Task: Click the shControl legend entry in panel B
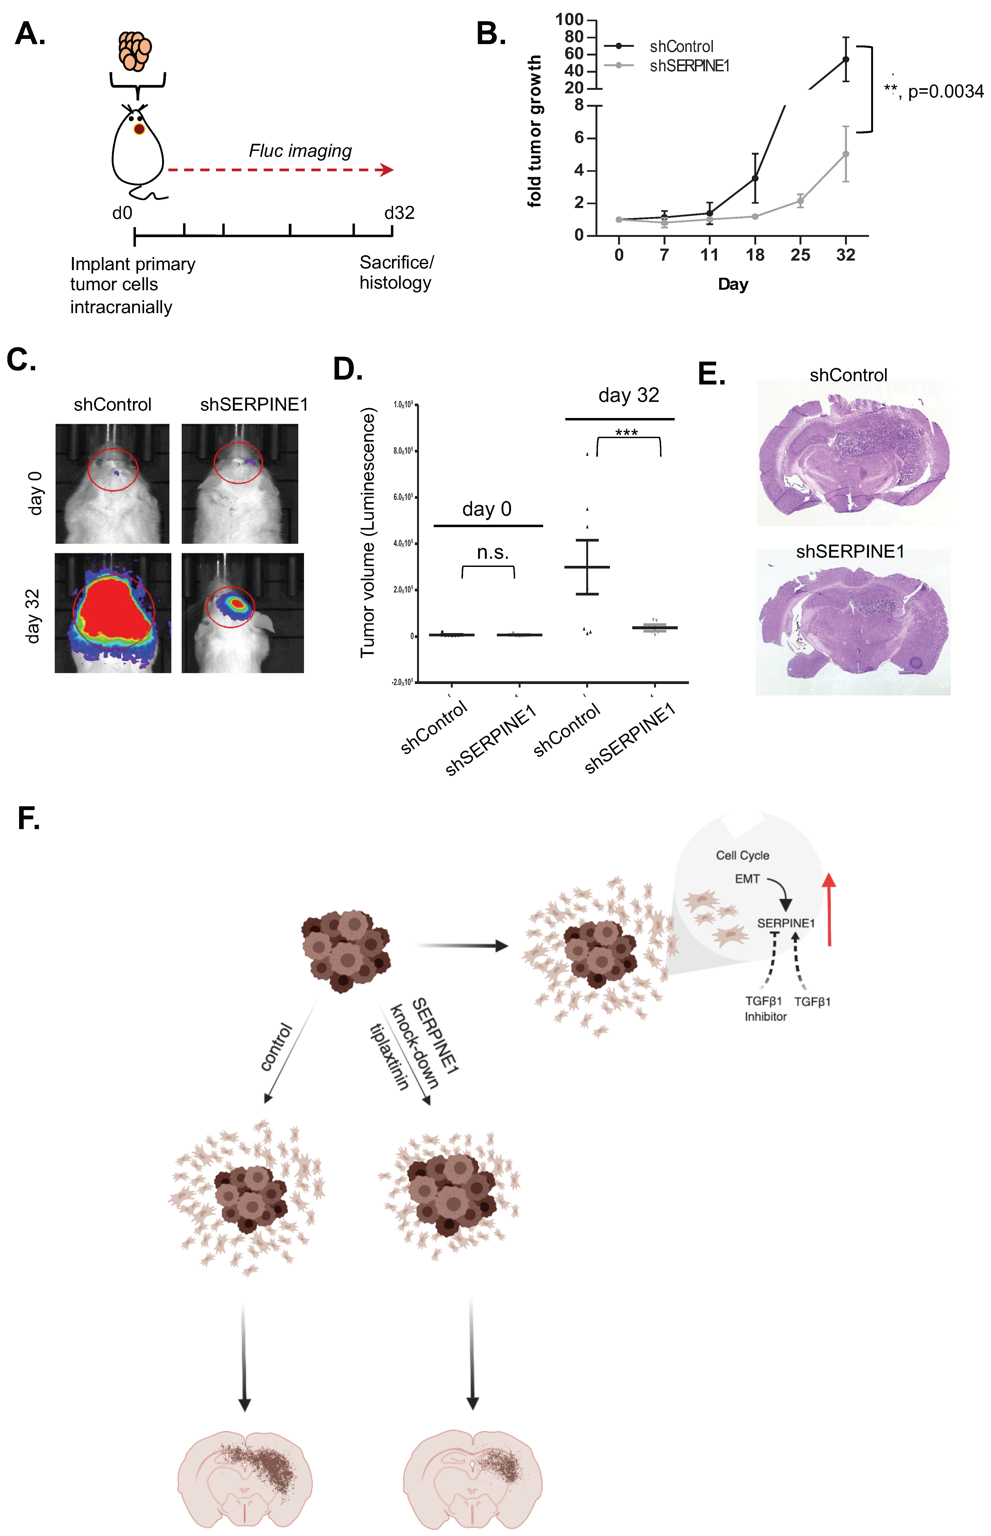point(681,46)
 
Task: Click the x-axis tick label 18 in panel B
point(755,255)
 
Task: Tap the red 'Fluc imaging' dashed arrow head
point(387,170)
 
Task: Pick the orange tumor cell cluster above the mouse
point(135,50)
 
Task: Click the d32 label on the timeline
point(399,213)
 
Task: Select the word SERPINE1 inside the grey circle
point(786,923)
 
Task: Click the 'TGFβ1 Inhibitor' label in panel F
point(765,1009)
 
